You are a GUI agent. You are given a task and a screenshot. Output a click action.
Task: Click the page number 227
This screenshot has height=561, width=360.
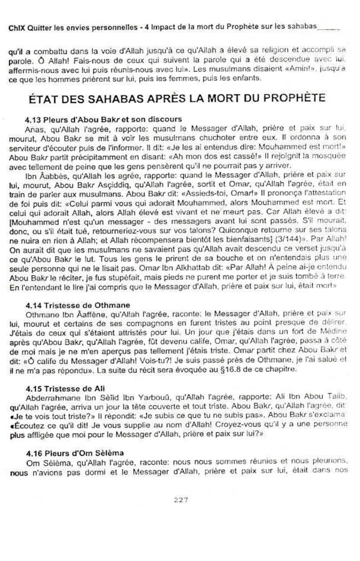[x=181, y=500]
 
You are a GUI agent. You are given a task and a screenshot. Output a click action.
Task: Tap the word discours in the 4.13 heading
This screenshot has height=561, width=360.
[x=165, y=119]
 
